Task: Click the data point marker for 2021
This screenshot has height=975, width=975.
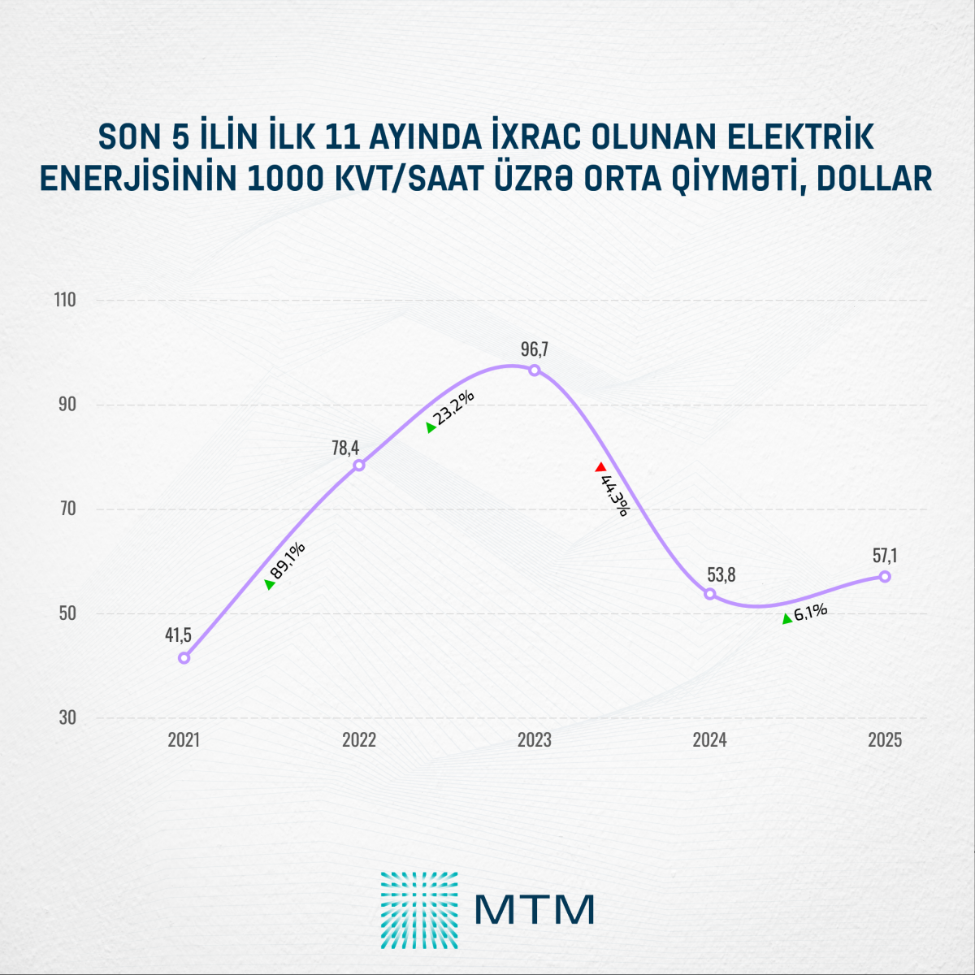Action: tap(184, 657)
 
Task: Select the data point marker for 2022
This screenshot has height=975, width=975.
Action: tap(359, 465)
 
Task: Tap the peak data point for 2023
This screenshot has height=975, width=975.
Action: tap(535, 370)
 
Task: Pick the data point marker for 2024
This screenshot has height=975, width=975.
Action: tap(710, 594)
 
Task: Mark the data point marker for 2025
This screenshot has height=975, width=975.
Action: tap(885, 576)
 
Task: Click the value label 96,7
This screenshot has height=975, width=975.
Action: tap(535, 349)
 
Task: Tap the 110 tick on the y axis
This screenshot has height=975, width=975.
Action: tap(65, 300)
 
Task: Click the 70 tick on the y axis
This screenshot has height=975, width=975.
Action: tap(65, 509)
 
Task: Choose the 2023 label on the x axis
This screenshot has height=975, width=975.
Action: tap(535, 740)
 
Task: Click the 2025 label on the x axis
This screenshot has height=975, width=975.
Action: tap(885, 740)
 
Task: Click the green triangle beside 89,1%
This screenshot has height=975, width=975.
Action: tap(270, 584)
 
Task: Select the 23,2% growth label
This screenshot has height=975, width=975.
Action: tap(455, 408)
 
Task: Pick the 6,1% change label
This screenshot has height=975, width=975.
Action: tap(810, 612)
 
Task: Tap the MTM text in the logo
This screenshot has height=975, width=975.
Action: tap(535, 910)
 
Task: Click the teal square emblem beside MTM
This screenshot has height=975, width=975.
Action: tap(419, 910)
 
